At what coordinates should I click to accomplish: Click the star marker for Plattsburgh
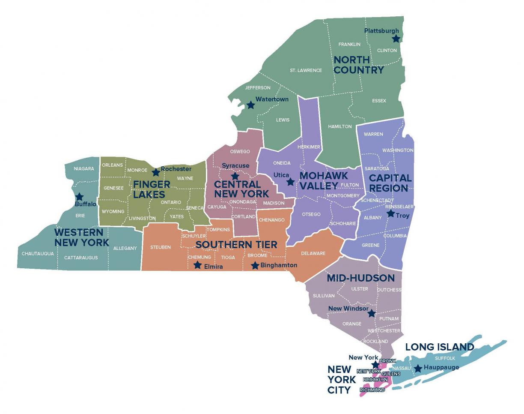[x=396, y=39]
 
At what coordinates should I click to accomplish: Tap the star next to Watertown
[x=251, y=105]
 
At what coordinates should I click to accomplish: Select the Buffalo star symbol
[x=79, y=197]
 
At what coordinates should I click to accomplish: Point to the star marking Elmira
[x=197, y=265]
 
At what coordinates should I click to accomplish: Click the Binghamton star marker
[x=255, y=266]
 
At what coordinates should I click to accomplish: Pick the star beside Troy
[x=391, y=213]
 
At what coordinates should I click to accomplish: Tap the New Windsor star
[x=372, y=313]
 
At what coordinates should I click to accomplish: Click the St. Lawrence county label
[x=306, y=70]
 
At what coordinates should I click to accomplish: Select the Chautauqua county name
[x=38, y=254]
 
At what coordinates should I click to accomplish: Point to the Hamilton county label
[x=340, y=126]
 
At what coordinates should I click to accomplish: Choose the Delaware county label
[x=313, y=253]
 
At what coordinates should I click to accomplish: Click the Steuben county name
[x=161, y=247]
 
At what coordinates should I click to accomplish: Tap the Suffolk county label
[x=445, y=358]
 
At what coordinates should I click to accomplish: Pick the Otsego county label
[x=311, y=214]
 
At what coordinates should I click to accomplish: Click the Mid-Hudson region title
[x=360, y=278]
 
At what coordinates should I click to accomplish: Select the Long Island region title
[x=440, y=347]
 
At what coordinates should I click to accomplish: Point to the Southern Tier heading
[x=236, y=245]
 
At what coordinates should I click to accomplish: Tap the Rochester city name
[x=176, y=169]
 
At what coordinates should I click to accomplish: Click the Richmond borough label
[x=372, y=390]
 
